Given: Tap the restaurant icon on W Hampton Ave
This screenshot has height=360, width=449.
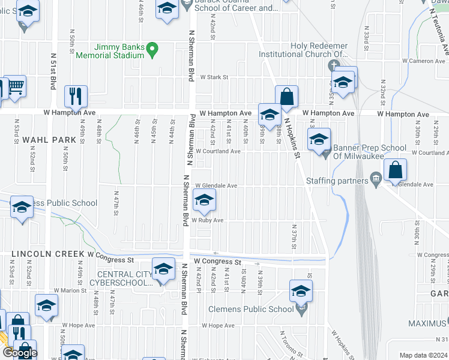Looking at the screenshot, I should [x=76, y=95].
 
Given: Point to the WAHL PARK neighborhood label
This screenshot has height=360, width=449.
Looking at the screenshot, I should [x=49, y=140].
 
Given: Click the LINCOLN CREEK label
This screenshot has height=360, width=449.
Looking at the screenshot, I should [x=47, y=254].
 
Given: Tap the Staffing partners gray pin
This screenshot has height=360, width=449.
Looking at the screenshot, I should [x=376, y=178].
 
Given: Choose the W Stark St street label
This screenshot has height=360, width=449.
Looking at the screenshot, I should [x=214, y=77].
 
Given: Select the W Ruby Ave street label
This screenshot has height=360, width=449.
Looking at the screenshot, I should [x=208, y=221].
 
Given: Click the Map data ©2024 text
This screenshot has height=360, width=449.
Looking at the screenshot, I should [x=423, y=355].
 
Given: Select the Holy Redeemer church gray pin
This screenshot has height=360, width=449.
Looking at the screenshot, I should [x=334, y=65].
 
